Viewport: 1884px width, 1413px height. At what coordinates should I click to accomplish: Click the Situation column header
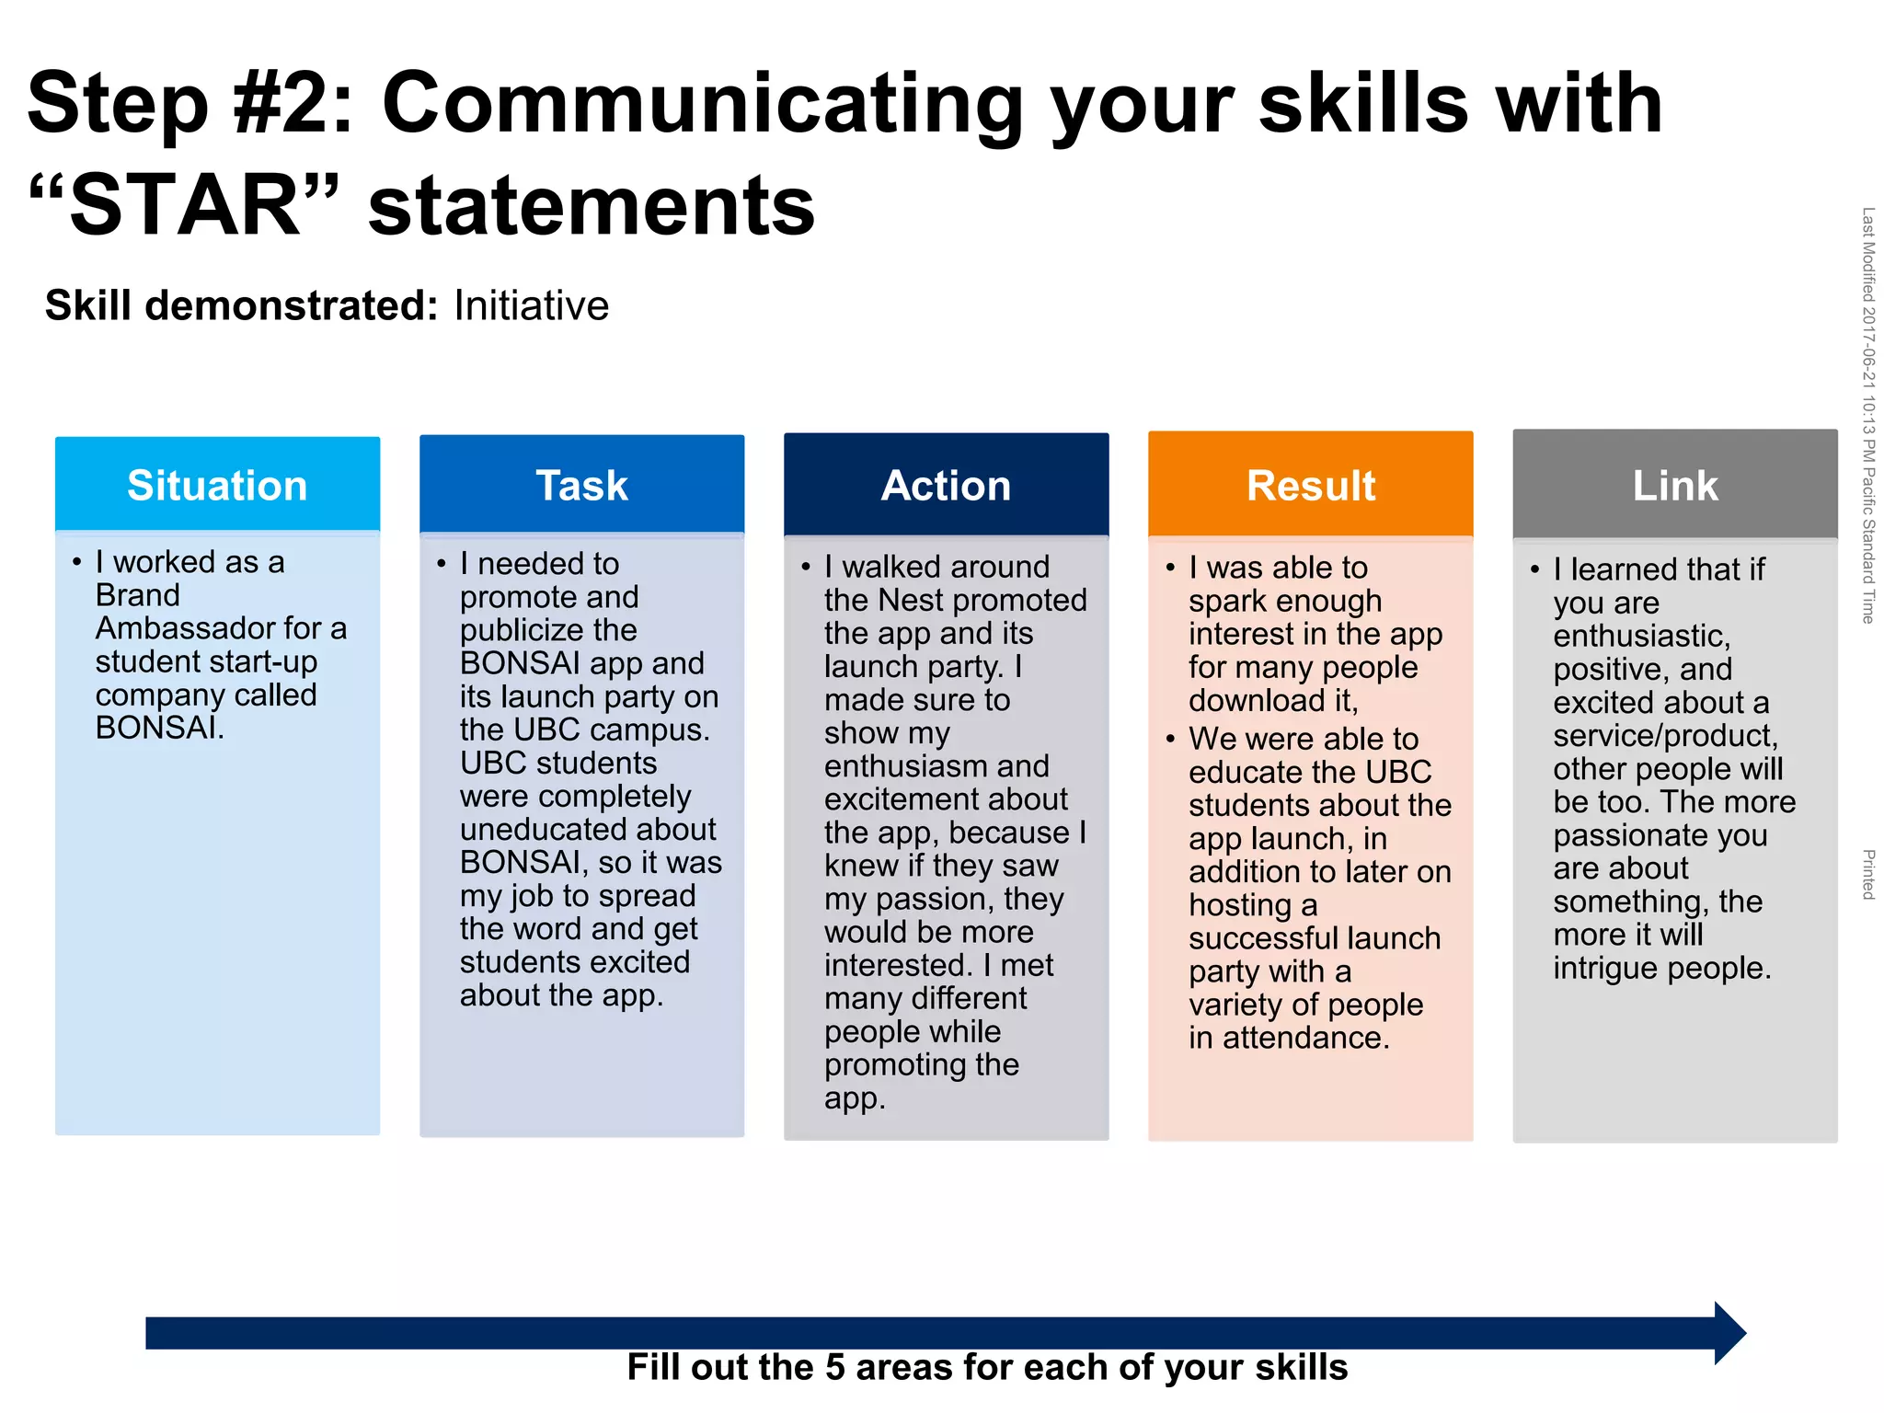[x=217, y=485]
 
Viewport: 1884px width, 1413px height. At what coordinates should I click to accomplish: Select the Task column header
[x=581, y=485]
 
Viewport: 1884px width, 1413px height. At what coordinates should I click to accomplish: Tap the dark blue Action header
[x=946, y=485]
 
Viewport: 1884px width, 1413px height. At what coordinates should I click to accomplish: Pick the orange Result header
[x=1310, y=485]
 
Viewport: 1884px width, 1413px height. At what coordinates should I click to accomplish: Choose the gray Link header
[x=1674, y=485]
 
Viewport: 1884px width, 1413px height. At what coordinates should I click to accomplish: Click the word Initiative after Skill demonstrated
[x=531, y=306]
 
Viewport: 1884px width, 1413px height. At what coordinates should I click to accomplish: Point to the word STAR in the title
[x=185, y=204]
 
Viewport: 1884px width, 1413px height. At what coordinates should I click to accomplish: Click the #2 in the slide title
[x=280, y=103]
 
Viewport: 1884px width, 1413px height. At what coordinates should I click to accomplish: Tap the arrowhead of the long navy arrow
[x=1729, y=1333]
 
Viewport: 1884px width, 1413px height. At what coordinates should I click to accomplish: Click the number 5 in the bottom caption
[x=834, y=1368]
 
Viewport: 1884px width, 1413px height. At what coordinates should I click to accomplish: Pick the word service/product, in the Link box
[x=1665, y=736]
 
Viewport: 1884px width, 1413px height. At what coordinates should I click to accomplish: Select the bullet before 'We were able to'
[x=1170, y=739]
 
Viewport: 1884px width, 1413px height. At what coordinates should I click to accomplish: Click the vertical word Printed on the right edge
[x=1867, y=874]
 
